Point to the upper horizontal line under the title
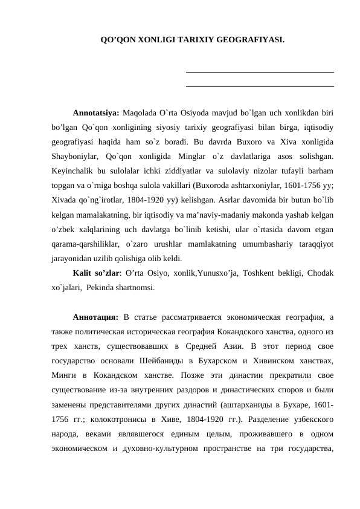click(260, 73)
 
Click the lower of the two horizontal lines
click(260, 86)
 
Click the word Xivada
click(63, 199)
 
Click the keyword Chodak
click(320, 273)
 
